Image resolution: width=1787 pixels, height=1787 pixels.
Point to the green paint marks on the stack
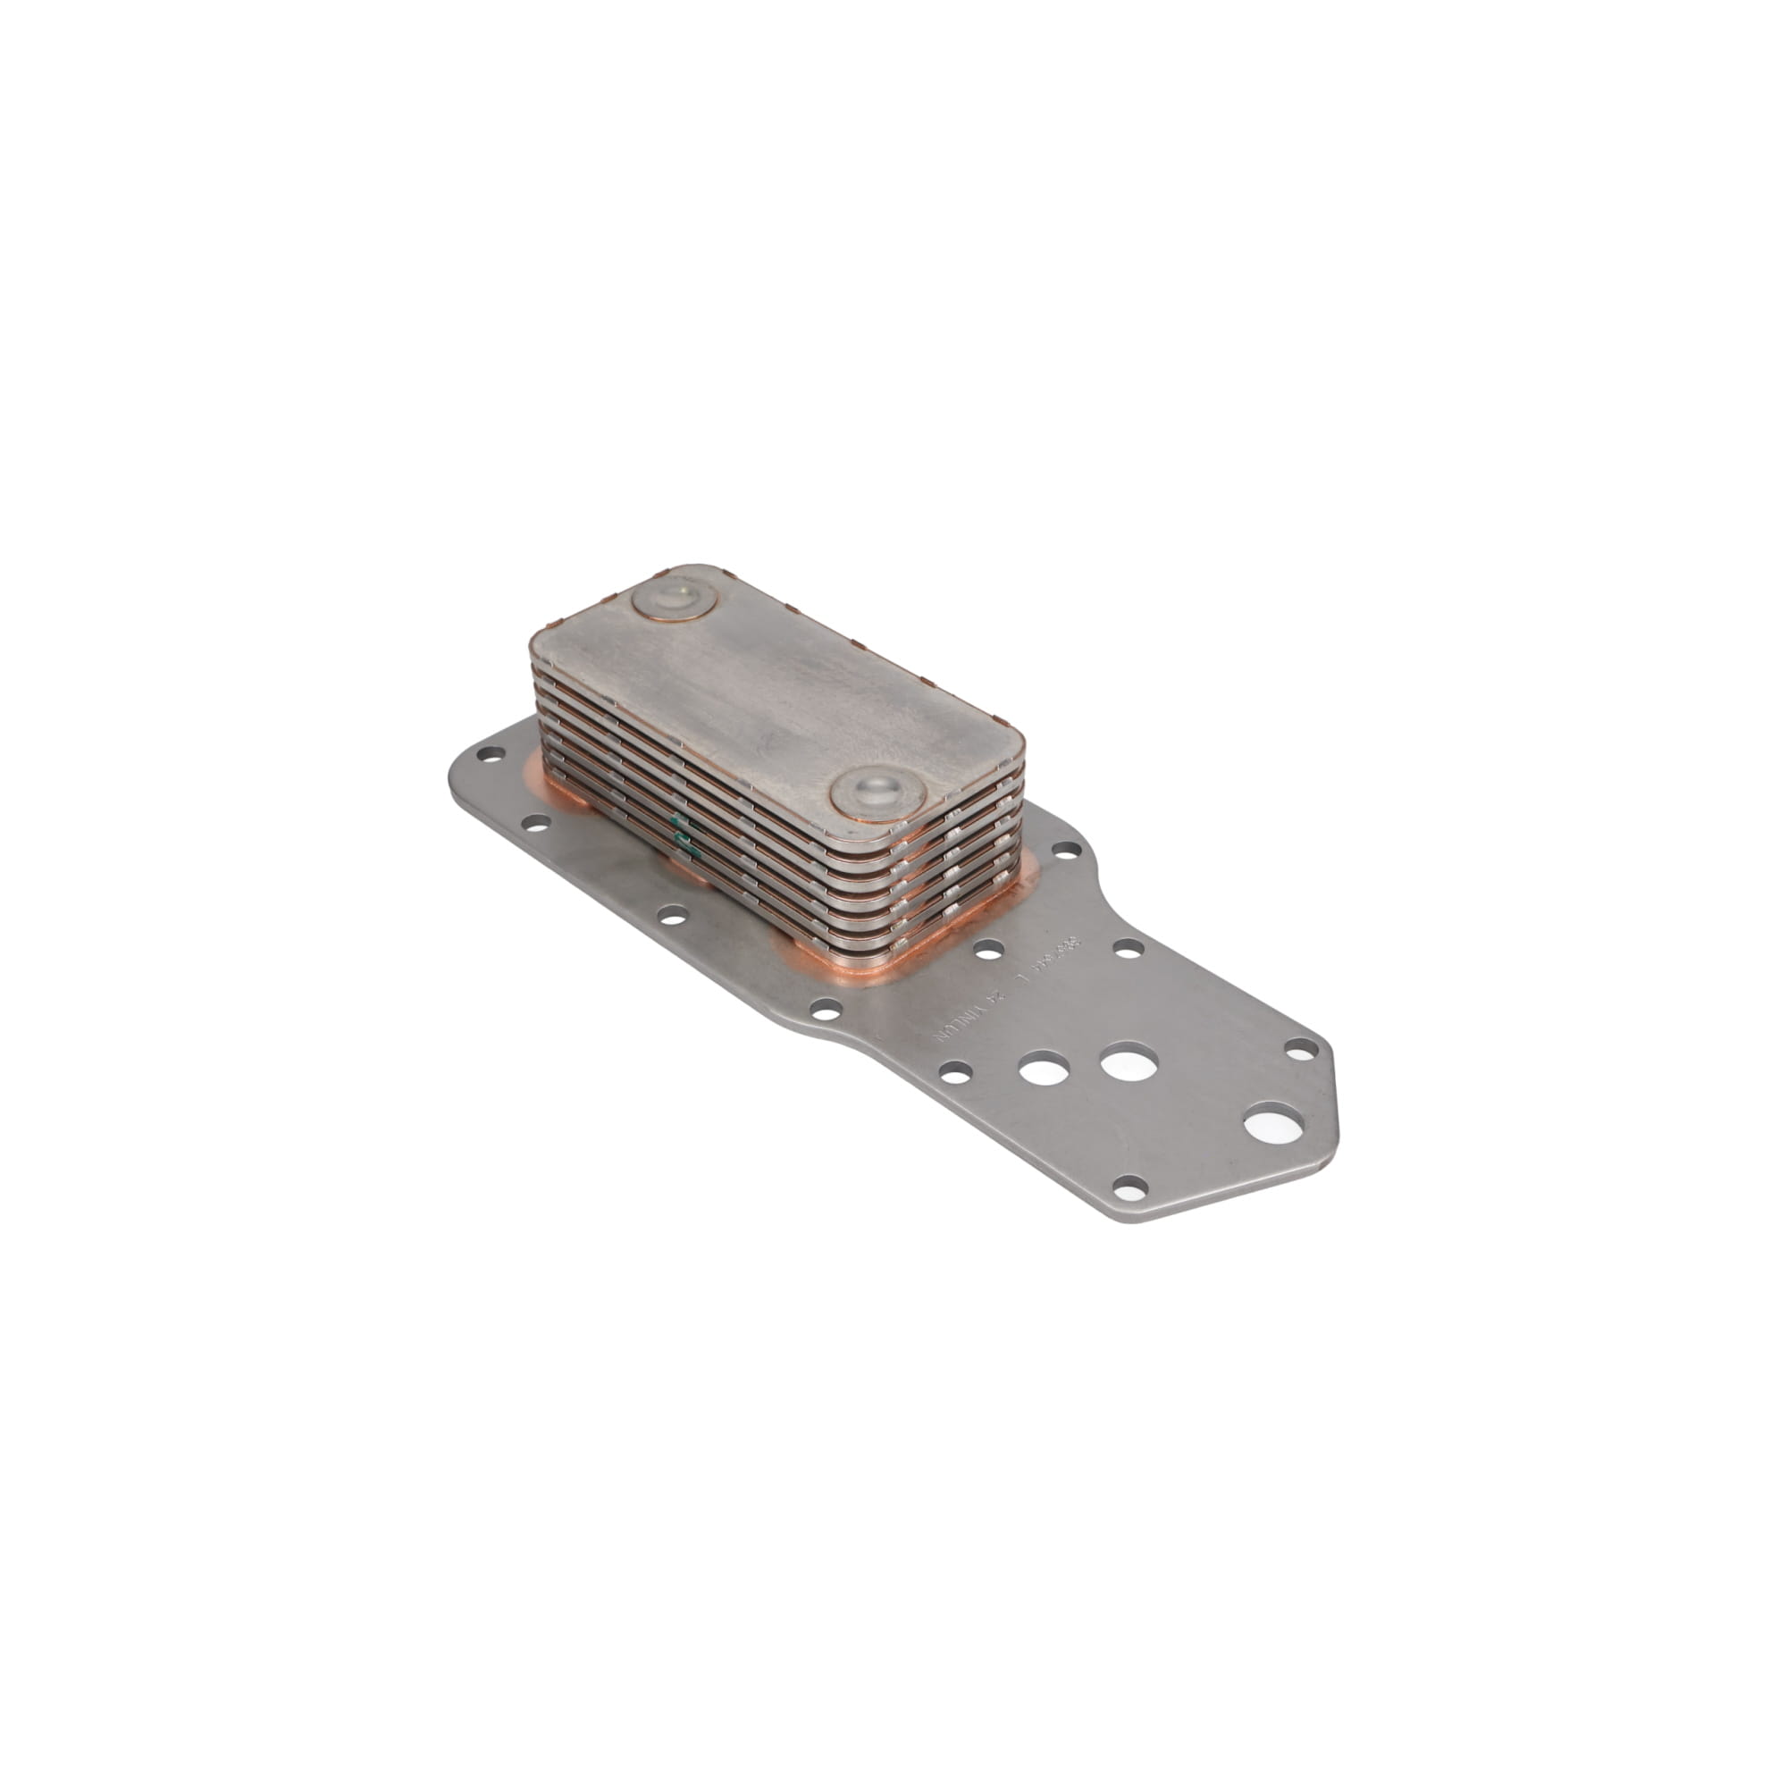[x=683, y=832]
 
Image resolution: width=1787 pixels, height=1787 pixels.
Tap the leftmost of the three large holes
[x=1042, y=1070]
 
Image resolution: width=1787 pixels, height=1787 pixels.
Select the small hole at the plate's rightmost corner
[x=1302, y=1048]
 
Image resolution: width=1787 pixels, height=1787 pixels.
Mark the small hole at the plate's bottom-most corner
[x=1130, y=1185]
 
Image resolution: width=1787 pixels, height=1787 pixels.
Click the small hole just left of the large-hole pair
[x=954, y=1071]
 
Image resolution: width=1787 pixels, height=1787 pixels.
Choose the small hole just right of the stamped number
[x=1128, y=947]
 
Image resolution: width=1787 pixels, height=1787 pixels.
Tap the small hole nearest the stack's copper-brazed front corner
[x=989, y=948]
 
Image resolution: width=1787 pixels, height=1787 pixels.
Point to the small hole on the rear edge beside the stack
[x=1066, y=847]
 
